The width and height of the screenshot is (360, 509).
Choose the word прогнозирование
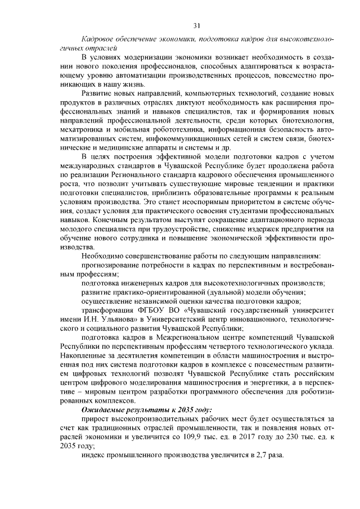[113, 264]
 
